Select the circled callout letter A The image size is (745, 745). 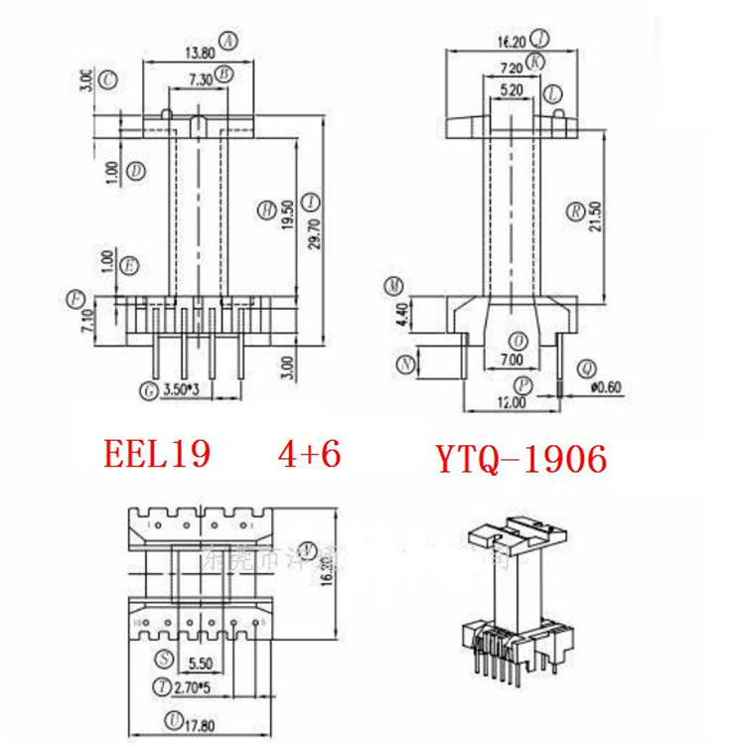click(229, 41)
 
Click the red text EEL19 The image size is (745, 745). click(157, 454)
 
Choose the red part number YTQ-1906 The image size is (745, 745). click(521, 458)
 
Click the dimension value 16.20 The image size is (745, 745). click(509, 42)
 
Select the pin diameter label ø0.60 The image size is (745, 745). click(604, 387)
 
